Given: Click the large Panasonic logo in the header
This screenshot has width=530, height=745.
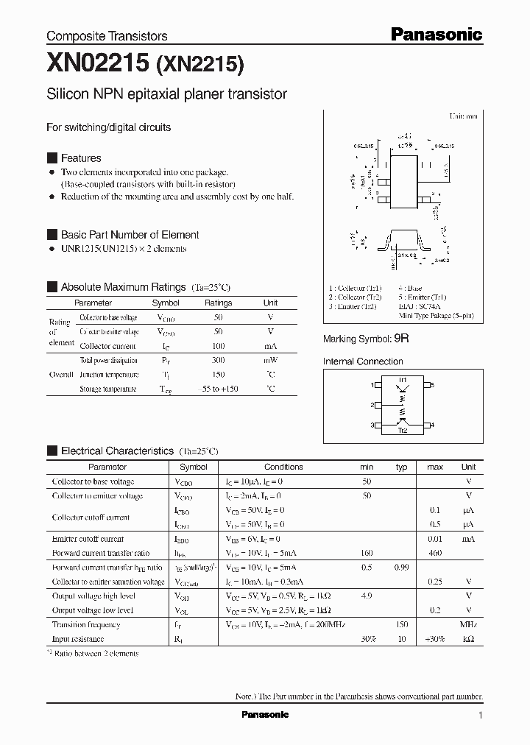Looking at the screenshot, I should [435, 34].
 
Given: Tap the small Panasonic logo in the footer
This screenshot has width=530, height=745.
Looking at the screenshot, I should [265, 714].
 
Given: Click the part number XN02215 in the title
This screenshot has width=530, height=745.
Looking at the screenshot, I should [97, 64].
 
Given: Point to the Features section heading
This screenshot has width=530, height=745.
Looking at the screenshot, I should [81, 158].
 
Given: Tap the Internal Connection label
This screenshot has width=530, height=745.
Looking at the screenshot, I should [363, 361].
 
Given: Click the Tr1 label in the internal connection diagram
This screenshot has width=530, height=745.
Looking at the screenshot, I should [403, 378].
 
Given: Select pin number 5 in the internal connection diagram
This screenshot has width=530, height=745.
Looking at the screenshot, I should [432, 385].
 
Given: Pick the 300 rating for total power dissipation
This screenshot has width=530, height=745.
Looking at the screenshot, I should [218, 361].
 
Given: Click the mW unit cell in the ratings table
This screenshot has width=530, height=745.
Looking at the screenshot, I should [270, 361].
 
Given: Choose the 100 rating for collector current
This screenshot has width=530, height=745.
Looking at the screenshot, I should [218, 346].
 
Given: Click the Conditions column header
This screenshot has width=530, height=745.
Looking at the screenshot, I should [283, 467].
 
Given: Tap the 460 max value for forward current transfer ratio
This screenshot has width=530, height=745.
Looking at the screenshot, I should [434, 553].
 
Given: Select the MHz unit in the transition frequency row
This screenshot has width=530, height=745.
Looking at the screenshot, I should [468, 625].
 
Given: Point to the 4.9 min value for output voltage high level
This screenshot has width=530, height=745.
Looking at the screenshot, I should [367, 596].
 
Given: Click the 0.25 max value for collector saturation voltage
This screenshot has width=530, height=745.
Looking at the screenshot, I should [434, 582].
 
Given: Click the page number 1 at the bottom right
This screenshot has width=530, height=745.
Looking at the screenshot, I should [480, 716].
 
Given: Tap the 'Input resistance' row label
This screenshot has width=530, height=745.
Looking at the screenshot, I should [78, 639].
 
